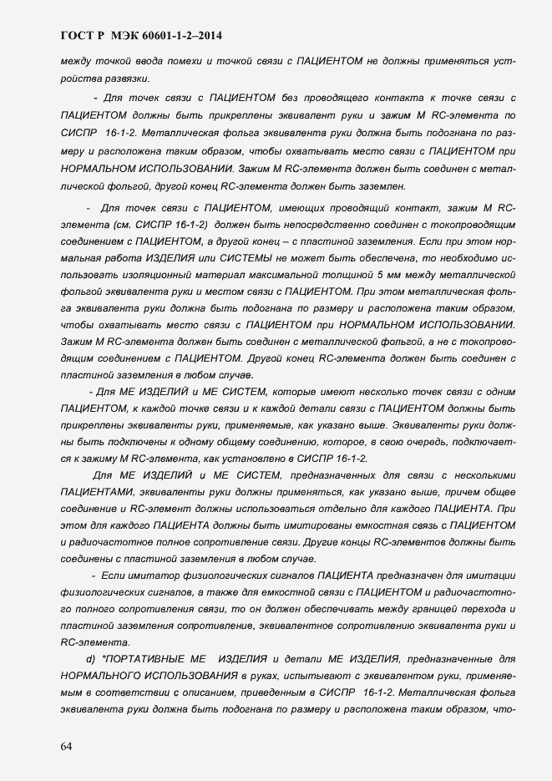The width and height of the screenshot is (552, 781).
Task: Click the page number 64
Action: pos(66,746)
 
